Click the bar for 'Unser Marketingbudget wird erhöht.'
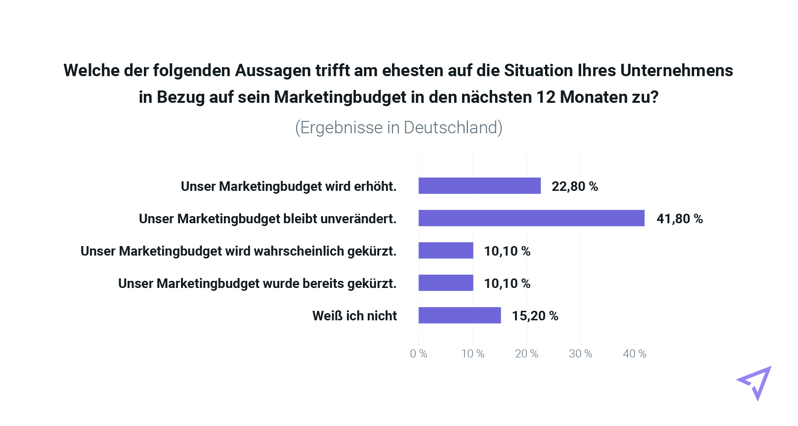(x=479, y=186)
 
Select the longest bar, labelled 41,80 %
(x=531, y=218)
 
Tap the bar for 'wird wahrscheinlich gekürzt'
(x=446, y=250)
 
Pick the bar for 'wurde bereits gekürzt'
(x=446, y=283)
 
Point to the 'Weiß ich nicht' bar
(x=460, y=315)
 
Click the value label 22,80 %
(x=575, y=186)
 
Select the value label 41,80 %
(x=679, y=218)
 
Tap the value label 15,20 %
(x=535, y=316)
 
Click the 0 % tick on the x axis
(x=418, y=354)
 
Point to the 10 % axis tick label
(x=473, y=354)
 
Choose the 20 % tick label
(x=526, y=354)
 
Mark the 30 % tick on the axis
(x=580, y=354)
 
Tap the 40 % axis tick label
(x=635, y=354)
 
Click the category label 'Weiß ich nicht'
(x=354, y=316)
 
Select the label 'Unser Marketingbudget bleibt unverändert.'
(x=267, y=218)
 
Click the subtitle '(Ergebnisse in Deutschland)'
(x=399, y=128)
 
